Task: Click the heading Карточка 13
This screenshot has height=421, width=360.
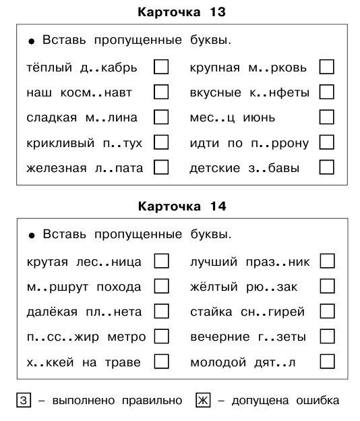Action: pyautogui.click(x=180, y=11)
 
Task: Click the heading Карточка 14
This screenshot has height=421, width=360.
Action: pyautogui.click(x=180, y=205)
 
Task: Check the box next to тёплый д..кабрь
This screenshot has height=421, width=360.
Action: pyautogui.click(x=161, y=67)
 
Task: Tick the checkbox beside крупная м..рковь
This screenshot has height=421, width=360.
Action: pyautogui.click(x=327, y=67)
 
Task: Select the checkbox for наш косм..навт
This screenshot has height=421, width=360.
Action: pyautogui.click(x=161, y=92)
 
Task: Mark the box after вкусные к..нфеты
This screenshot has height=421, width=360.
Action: pyautogui.click(x=327, y=92)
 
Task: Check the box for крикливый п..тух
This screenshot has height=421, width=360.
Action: pyautogui.click(x=161, y=142)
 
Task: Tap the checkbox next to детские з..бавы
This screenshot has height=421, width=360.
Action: pyautogui.click(x=327, y=167)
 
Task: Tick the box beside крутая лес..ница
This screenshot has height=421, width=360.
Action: pyautogui.click(x=161, y=261)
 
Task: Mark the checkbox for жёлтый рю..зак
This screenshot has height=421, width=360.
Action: pyautogui.click(x=327, y=286)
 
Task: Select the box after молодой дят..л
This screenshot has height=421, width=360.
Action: pyautogui.click(x=327, y=362)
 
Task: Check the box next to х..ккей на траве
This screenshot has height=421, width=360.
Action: pyautogui.click(x=161, y=362)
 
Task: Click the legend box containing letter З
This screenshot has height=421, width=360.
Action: pyautogui.click(x=22, y=401)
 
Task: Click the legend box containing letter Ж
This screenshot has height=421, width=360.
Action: pyautogui.click(x=203, y=401)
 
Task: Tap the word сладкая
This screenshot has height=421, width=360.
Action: pyautogui.click(x=48, y=117)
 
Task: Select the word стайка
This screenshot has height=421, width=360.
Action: pyautogui.click(x=211, y=312)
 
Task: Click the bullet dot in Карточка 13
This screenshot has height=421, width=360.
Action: pyautogui.click(x=31, y=42)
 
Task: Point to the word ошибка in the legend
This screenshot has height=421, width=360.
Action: pyautogui.click(x=316, y=401)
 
